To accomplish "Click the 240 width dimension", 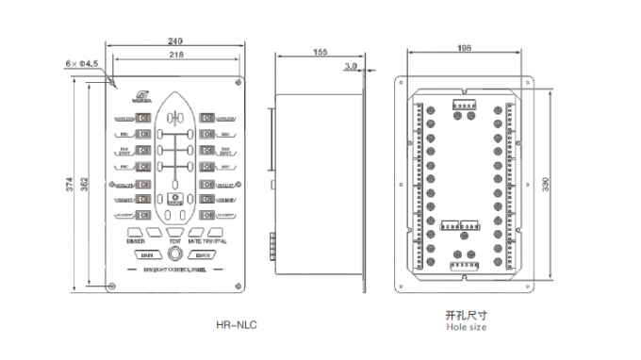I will (176, 41).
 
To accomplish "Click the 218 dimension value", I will (176, 56).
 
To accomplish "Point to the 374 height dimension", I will (69, 186).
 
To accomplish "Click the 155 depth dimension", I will (320, 54).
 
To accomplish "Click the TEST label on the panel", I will (175, 241).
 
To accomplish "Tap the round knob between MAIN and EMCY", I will (175, 254).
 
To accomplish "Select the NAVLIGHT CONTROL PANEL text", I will (175, 269).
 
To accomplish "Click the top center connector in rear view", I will (464, 104).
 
